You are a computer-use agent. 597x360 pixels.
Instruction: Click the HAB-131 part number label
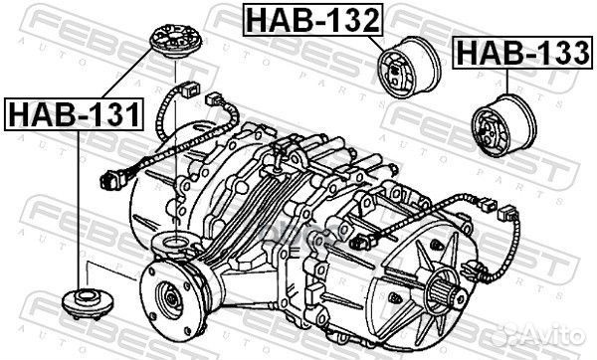(x=76, y=115)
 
